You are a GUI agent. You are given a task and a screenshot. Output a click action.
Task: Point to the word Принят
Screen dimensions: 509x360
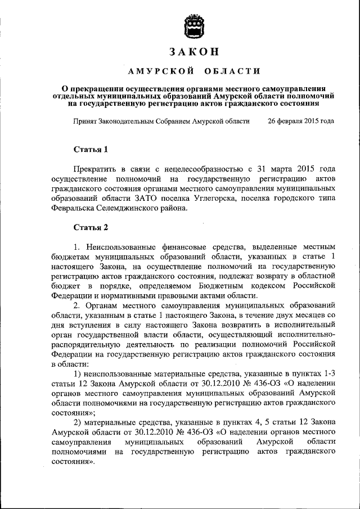85,121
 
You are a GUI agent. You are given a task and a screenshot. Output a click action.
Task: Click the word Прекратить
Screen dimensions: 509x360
96,169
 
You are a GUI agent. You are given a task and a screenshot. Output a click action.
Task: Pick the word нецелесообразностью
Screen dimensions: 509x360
196,169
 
